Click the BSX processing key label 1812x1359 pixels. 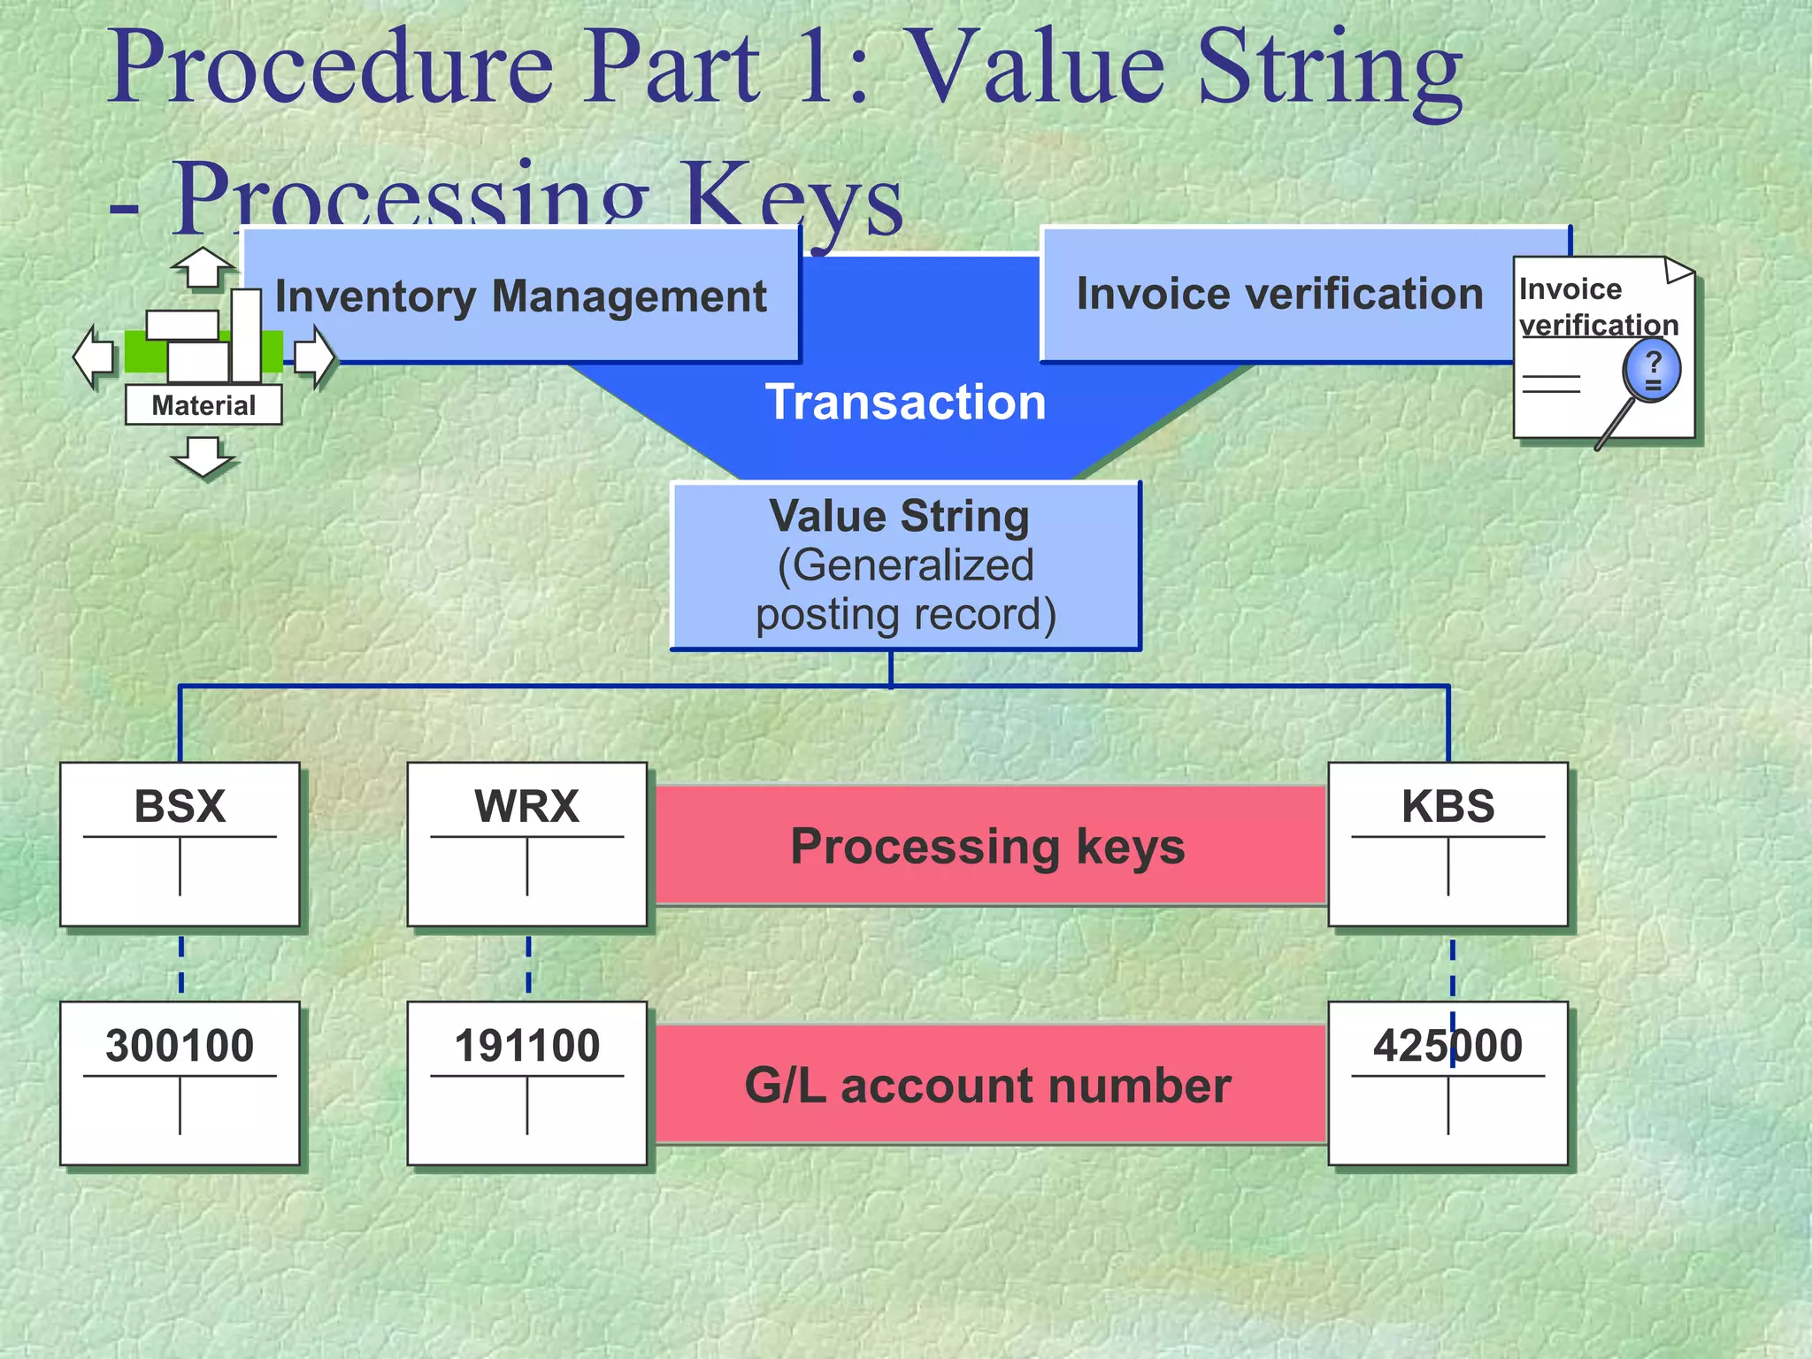180,806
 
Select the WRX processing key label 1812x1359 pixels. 526,806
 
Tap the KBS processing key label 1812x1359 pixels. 1447,806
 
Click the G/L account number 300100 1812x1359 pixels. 180,1046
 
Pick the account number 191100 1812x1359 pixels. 526,1046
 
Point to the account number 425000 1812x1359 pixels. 1447,1046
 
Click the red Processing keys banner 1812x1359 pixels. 987,846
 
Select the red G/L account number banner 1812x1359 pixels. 987,1086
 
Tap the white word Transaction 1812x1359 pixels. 905,403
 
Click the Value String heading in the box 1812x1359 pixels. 899,516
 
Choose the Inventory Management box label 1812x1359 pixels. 520,296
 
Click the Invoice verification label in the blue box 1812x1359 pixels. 1278,294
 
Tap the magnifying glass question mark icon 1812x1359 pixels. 1650,372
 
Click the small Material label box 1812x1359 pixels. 203,405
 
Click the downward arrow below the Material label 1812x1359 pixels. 203,457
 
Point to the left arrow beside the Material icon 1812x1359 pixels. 93,357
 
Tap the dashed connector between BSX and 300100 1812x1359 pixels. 181,964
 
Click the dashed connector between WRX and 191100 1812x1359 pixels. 528,964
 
